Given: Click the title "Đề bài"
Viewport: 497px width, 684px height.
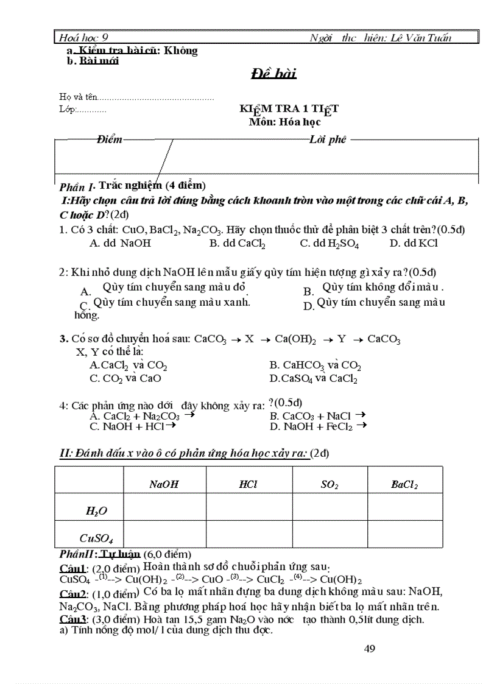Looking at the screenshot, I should click(x=273, y=74).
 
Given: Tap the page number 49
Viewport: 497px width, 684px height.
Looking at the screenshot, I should click(x=369, y=649).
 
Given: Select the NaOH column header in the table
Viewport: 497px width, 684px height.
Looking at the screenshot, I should click(x=164, y=485).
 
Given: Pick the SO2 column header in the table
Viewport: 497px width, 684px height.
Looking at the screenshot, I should click(x=330, y=485).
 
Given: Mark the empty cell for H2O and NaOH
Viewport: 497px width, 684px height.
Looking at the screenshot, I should click(x=164, y=507).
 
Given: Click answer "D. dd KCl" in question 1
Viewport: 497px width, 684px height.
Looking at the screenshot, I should click(x=413, y=244).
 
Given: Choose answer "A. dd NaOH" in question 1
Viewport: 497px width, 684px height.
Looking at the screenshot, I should click(x=119, y=244).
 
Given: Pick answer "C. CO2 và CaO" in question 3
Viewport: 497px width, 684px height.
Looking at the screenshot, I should click(x=125, y=378).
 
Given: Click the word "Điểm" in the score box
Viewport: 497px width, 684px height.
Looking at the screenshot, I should click(x=109, y=139).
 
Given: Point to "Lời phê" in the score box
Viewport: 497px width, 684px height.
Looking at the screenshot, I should click(x=328, y=139).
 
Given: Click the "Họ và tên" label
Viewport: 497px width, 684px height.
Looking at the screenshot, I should click(x=78, y=97).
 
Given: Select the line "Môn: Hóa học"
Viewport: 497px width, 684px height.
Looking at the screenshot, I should click(x=284, y=122).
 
